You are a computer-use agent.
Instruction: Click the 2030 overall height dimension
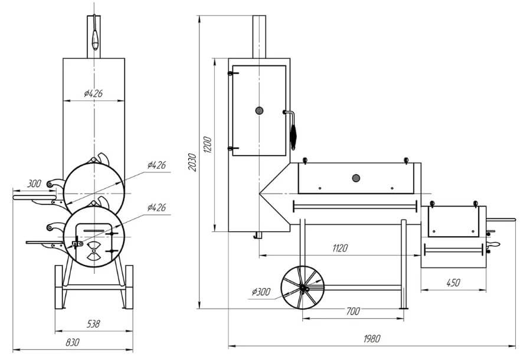coord(192,162)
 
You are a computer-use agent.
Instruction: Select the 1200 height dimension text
coord(208,145)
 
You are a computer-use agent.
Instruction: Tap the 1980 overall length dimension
coord(372,339)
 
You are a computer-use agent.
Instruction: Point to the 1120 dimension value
coord(340,248)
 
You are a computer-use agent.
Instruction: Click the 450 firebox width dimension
coord(453,283)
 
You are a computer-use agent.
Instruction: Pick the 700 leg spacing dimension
coord(353,311)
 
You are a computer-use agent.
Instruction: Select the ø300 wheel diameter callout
coord(261,292)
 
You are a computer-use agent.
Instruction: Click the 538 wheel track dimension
coord(93,323)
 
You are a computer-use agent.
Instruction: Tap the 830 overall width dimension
coord(73,342)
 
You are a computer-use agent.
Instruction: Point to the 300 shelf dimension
coord(34,184)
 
